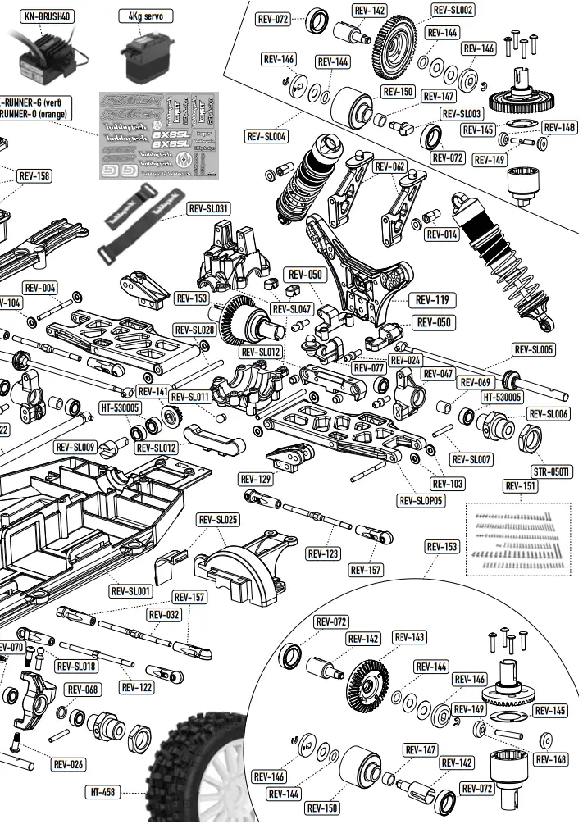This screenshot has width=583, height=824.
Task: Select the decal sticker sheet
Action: point(159,135)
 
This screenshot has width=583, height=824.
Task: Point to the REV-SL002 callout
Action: point(452,10)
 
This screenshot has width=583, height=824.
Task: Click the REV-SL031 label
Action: point(208,209)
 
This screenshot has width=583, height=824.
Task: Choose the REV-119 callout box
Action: point(434,301)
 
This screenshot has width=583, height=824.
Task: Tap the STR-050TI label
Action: point(552,471)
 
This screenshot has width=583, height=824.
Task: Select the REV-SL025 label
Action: point(218,520)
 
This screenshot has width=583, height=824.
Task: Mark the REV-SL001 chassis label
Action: point(130,590)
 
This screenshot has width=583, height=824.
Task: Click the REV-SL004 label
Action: point(266,136)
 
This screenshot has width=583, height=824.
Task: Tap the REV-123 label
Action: point(323,553)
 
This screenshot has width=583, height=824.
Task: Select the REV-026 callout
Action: point(70,764)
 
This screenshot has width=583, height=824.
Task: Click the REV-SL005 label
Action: point(534,350)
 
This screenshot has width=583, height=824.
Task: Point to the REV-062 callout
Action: point(389,166)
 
